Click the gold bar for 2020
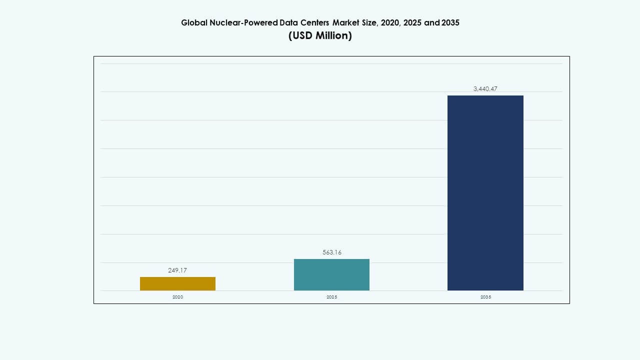(x=177, y=283)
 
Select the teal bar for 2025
(x=331, y=274)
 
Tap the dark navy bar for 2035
(x=485, y=192)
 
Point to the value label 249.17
(x=177, y=270)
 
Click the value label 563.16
(x=331, y=252)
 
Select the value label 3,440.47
(x=485, y=88)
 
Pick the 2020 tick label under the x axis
(x=177, y=297)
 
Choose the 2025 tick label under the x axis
(x=331, y=297)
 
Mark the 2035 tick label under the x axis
(x=485, y=297)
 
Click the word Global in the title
(x=192, y=22)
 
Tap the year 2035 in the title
(x=450, y=22)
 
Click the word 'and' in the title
(x=432, y=22)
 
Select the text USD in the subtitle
(x=301, y=35)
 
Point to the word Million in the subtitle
(x=333, y=35)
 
